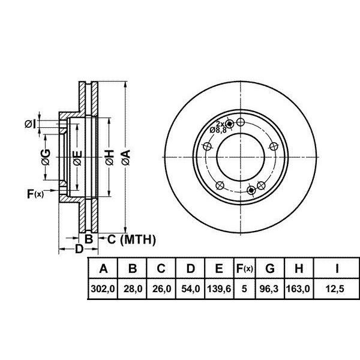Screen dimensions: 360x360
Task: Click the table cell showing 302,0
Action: pyautogui.click(x=103, y=289)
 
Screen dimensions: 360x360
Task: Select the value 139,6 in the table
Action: pyautogui.click(x=219, y=289)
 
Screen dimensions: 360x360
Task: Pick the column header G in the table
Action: pyautogui.click(x=270, y=268)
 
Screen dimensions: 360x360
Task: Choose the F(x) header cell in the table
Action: pyautogui.click(x=245, y=268)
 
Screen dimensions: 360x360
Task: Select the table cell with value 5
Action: pyautogui.click(x=244, y=289)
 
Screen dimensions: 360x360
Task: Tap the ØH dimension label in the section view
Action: pyautogui.click(x=110, y=157)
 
